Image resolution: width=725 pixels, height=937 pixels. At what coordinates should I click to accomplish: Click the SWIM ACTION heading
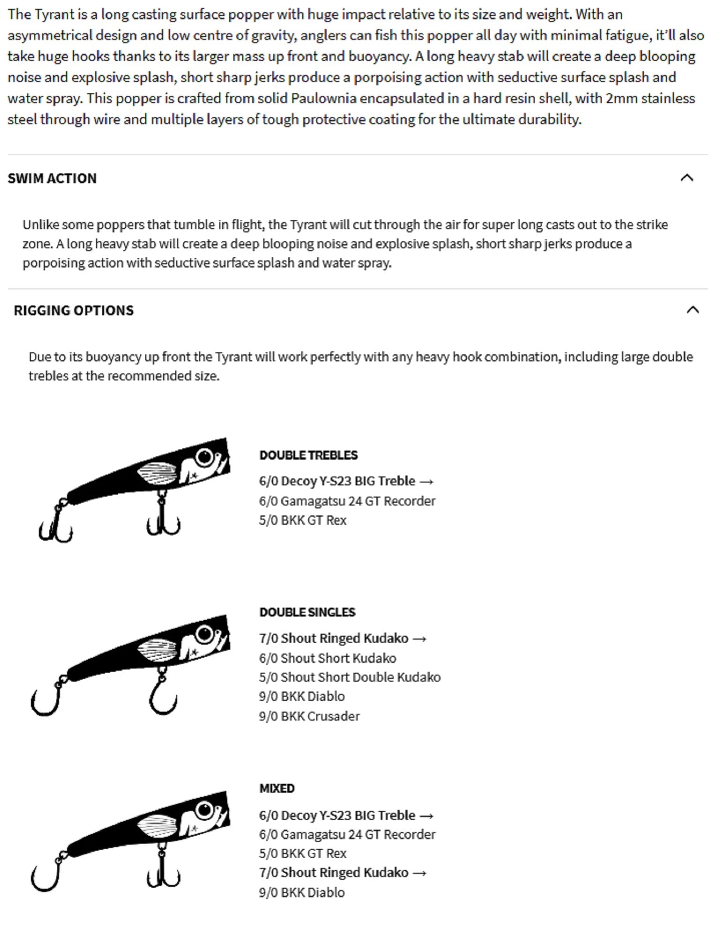point(52,178)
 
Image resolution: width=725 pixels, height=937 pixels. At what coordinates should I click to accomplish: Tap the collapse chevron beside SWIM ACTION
point(687,178)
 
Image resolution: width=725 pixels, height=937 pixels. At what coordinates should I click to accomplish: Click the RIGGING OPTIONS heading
point(74,311)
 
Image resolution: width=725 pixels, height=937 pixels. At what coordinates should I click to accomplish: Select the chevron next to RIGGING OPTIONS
point(693,310)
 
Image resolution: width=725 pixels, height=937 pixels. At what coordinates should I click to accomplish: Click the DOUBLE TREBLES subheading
point(308,455)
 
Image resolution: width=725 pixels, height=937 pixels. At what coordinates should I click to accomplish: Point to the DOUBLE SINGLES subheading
point(307,612)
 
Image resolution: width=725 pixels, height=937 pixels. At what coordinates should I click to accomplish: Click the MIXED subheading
point(277,788)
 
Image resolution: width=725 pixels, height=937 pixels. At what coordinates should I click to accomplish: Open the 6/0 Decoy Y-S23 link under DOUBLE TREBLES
point(346,481)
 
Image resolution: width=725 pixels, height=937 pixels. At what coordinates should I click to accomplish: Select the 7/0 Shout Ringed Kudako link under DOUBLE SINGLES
point(343,639)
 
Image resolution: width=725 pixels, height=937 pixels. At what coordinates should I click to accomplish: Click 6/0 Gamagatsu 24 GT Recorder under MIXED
point(347,835)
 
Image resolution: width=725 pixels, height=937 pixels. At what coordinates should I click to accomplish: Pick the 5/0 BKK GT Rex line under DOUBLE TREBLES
point(303,521)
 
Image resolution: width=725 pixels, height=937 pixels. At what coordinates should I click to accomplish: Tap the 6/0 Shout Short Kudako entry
point(328,658)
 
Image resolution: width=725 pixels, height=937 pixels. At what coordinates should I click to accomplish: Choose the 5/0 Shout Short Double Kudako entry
point(350,677)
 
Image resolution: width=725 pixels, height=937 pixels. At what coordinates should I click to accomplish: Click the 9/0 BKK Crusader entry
point(309,716)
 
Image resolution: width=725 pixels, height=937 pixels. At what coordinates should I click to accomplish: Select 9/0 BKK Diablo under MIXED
point(302,892)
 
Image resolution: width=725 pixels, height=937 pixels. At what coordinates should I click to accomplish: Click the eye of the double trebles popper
point(204,456)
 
